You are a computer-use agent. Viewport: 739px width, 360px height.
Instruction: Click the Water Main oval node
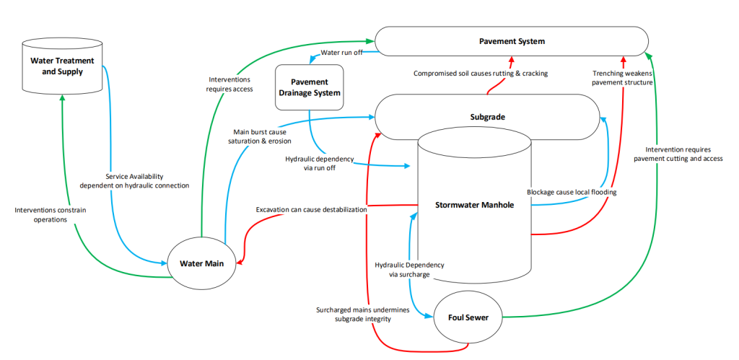(202, 263)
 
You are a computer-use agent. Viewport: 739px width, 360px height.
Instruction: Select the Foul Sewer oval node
(468, 317)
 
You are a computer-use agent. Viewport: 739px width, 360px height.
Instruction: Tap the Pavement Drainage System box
(309, 87)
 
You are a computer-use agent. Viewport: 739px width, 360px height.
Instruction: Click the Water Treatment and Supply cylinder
(63, 66)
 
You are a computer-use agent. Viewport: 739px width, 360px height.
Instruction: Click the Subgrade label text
(487, 118)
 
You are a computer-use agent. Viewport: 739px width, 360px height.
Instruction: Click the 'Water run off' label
(341, 52)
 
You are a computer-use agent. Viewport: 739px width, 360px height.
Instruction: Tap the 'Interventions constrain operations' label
(51, 214)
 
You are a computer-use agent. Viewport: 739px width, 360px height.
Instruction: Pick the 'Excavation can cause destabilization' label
(311, 209)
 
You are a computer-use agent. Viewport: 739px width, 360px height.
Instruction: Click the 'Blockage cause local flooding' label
(572, 192)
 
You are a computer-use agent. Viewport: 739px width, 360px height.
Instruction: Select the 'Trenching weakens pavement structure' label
(622, 78)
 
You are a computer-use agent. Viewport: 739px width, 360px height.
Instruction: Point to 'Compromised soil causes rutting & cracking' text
(481, 74)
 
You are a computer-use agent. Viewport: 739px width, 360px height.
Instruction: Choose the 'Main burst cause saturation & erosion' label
(260, 136)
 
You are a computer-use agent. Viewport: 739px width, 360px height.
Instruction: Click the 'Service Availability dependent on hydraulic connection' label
(134, 181)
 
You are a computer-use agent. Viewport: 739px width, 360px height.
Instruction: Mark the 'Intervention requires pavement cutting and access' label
(678, 154)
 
